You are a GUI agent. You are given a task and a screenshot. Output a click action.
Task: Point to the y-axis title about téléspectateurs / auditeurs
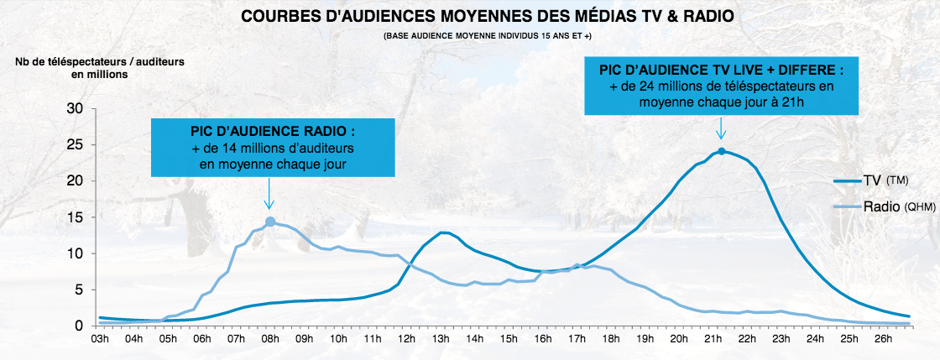tap(100, 68)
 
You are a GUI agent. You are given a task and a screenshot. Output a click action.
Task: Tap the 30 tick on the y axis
tap(75, 108)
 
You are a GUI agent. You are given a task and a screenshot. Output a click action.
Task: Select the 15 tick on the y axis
tap(75, 217)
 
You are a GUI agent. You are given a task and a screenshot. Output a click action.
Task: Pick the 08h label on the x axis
tap(270, 340)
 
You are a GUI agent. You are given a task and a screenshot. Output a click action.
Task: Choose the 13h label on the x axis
tap(441, 340)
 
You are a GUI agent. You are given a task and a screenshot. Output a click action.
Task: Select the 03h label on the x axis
tap(99, 340)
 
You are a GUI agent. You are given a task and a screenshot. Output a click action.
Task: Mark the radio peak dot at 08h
tap(270, 222)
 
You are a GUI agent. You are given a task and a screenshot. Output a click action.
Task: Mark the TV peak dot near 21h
tap(722, 151)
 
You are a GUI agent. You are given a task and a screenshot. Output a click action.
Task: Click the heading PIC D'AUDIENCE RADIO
tap(273, 133)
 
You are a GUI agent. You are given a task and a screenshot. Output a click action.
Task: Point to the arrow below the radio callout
tap(269, 198)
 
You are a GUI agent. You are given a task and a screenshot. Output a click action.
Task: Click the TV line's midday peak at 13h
tap(443, 232)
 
